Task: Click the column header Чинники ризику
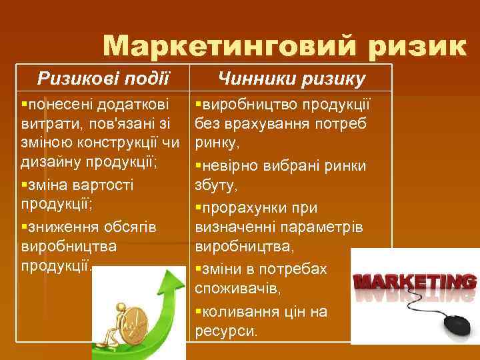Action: pos(292,80)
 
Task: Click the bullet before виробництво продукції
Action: pos(198,105)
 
